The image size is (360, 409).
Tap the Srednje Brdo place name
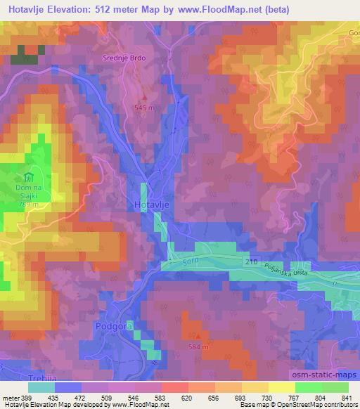[123, 60]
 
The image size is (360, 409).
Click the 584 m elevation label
[199, 347]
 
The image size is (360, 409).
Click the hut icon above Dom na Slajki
[29, 177]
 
